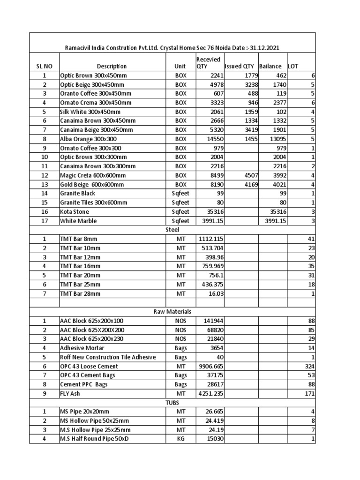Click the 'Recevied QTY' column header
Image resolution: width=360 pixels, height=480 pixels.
(208, 63)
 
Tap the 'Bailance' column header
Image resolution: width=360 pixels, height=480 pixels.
(270, 67)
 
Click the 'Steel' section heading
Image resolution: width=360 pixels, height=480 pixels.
(172, 230)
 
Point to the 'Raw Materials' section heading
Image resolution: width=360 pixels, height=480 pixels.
(172, 311)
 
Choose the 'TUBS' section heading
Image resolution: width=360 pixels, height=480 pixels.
(172, 403)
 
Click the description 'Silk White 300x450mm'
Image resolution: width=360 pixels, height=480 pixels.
(90, 112)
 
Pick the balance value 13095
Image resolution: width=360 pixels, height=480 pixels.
(275, 139)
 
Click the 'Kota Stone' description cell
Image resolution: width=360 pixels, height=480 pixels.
(75, 211)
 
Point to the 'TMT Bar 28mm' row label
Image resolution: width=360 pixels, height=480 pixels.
(80, 293)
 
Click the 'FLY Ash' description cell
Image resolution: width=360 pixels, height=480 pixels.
(70, 393)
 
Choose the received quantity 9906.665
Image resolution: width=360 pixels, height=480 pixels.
(209, 366)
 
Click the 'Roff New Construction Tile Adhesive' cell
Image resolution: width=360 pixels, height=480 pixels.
(108, 357)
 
